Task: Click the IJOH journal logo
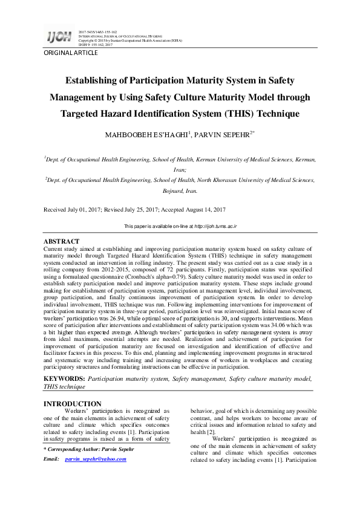[59, 37]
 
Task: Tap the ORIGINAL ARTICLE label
[70, 53]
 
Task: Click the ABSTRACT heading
[62, 241]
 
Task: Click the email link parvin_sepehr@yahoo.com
[95, 459]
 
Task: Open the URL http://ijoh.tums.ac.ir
[215, 226]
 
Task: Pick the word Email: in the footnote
[51, 459]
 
